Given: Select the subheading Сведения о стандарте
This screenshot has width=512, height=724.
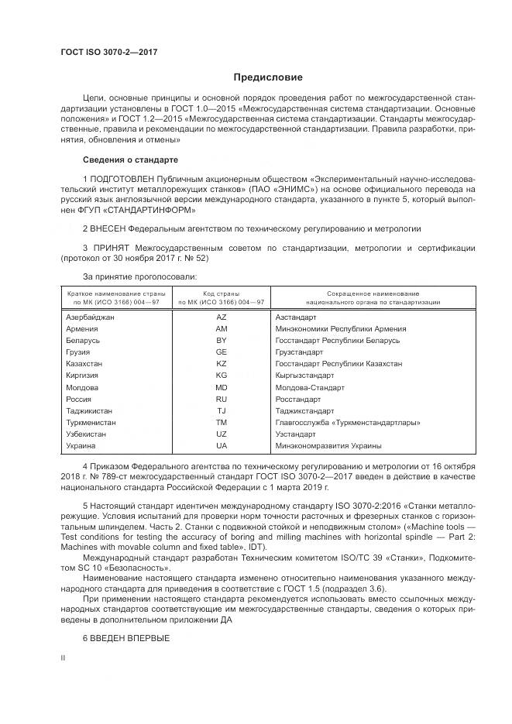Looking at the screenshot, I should (x=130, y=160).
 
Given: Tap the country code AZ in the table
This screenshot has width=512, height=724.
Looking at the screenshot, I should (x=222, y=317).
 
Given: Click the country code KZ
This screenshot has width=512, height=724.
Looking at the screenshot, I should (x=222, y=364).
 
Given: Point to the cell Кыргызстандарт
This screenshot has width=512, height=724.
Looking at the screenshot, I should (x=304, y=376).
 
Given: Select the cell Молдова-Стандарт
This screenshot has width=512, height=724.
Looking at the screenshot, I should (x=309, y=387).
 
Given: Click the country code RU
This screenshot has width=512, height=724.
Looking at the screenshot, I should (x=222, y=400).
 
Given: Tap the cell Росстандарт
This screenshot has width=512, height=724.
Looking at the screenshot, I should (x=297, y=400).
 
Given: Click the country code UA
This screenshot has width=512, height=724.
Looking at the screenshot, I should (x=222, y=446).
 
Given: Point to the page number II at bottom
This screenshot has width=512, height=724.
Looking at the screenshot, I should (x=64, y=657).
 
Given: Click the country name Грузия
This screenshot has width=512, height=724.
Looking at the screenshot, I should (x=78, y=352).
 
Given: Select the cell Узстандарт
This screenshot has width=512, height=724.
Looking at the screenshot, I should (x=294, y=434).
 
